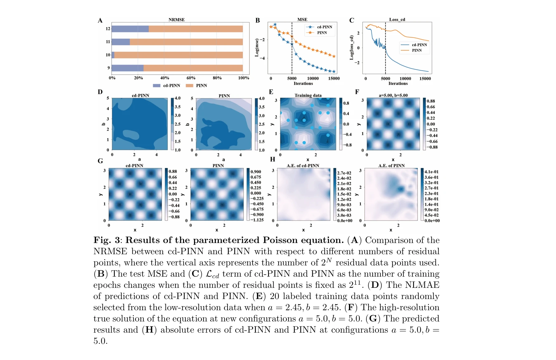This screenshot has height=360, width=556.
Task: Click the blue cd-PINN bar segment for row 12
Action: pos(130,29)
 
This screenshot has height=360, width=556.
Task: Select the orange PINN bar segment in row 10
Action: pos(178,55)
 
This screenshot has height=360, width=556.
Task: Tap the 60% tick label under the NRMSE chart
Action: pos(191,78)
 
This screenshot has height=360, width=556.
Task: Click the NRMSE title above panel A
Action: pos(177,20)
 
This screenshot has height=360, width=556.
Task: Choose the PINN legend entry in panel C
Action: pos(417,50)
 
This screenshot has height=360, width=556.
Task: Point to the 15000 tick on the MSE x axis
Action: pos(334,78)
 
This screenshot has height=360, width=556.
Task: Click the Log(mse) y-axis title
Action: pos(257,48)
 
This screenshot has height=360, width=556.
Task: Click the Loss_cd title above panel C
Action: pos(397,20)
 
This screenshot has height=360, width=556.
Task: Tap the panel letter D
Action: pos(100,92)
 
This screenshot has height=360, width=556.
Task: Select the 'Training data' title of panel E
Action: pos(308,96)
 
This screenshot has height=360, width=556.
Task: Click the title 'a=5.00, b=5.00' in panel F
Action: pos(393,96)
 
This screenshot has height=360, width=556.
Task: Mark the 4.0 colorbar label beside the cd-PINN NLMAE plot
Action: pos(177,98)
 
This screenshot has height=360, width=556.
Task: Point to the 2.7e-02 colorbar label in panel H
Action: pos(344,173)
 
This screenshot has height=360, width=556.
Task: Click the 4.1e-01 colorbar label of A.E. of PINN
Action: pos(431,172)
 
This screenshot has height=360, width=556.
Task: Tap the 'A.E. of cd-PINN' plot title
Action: pos(303,166)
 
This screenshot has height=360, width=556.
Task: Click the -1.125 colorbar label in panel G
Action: pos(257,220)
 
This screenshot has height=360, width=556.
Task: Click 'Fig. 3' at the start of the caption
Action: pos(107,240)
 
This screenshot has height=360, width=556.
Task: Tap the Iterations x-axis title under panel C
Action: pos(398,83)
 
